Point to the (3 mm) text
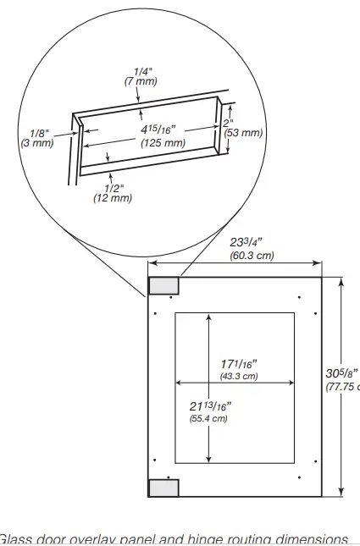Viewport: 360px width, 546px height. [36, 143]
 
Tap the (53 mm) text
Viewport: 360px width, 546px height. [243, 133]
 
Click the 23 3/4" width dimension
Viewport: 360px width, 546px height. [251, 241]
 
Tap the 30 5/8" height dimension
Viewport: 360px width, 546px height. [343, 373]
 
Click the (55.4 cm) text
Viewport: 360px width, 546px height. [208, 418]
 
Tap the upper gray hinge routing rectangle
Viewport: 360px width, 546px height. [163, 285]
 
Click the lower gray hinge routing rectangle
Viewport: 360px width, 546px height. [163, 487]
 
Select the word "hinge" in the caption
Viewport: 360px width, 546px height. [215, 539]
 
